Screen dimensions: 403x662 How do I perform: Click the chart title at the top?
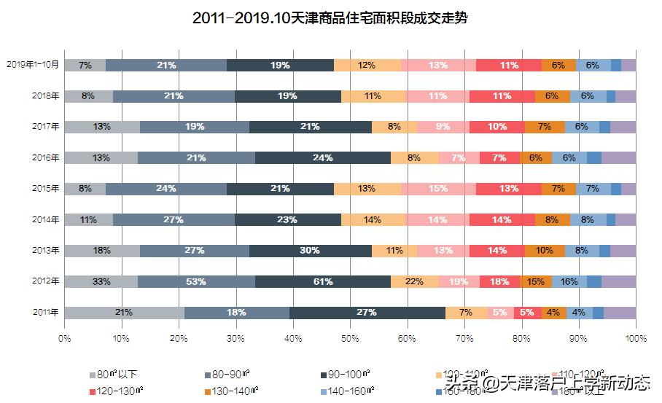[x=330, y=18]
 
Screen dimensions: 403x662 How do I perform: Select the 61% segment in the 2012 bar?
[x=323, y=281]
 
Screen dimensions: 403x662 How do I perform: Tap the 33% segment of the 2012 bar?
[x=101, y=281]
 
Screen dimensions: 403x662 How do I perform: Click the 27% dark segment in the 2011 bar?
[x=367, y=313]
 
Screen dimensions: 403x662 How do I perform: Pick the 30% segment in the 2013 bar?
[x=310, y=251]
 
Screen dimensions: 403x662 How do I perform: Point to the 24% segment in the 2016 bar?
[x=323, y=157]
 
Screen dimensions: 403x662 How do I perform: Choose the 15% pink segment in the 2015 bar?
[x=438, y=189]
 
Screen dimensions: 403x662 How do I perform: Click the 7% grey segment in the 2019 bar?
[x=85, y=65]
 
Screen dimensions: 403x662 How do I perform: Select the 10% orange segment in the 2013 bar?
[x=545, y=251]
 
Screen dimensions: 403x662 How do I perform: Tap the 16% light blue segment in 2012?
[x=569, y=281]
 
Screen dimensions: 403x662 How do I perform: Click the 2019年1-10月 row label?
[x=32, y=65]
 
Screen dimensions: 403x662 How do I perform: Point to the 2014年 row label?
[x=45, y=219]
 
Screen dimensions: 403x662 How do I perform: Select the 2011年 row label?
[x=45, y=313]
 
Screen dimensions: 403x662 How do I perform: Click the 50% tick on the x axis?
[x=350, y=338]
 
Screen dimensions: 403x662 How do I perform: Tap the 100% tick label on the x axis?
[x=635, y=338]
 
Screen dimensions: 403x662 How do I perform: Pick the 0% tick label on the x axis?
[x=64, y=338]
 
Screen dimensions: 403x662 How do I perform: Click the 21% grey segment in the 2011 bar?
[x=124, y=313]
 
